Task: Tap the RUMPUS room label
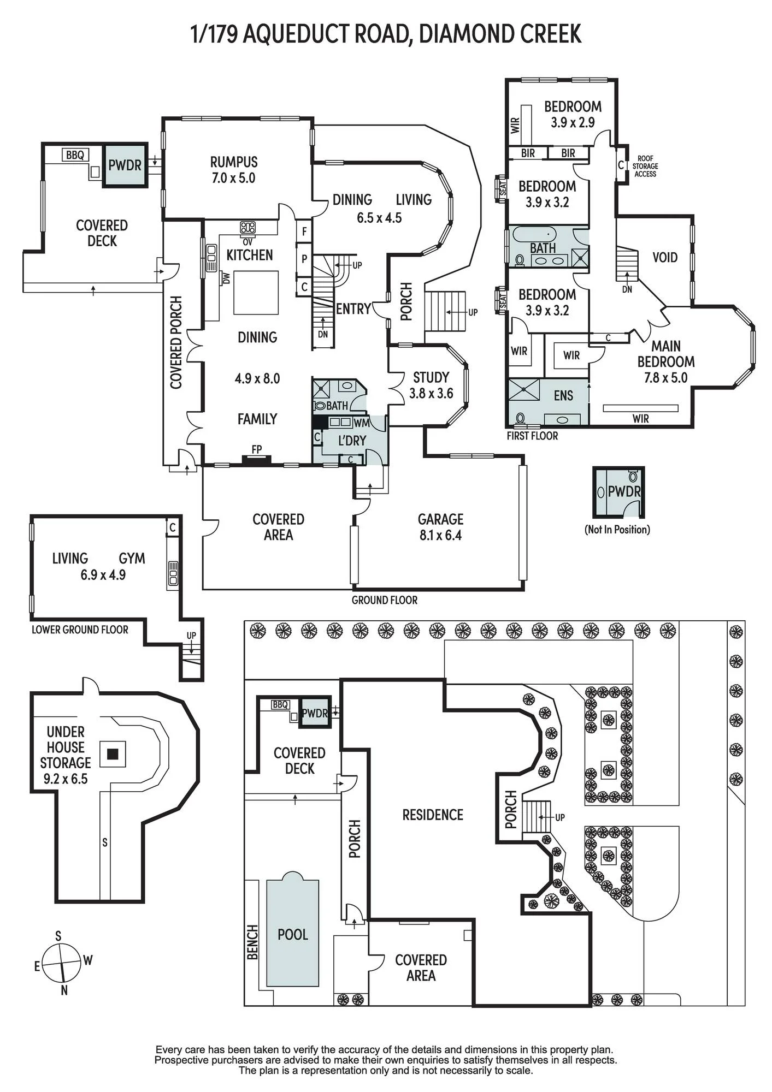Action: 234,162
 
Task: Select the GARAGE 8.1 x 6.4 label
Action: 440,527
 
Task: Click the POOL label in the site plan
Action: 293,934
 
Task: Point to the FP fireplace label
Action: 257,449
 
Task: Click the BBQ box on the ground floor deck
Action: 75,155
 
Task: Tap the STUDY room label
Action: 431,377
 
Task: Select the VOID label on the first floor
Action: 665,257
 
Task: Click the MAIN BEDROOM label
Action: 666,354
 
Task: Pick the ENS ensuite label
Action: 563,395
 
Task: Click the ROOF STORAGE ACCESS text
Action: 645,166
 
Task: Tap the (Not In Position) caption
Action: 617,529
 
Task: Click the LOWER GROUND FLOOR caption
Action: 80,630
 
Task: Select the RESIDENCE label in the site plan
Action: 433,815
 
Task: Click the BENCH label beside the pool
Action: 252,942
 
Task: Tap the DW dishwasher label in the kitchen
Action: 226,278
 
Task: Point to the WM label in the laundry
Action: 362,423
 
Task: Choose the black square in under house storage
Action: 113,754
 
